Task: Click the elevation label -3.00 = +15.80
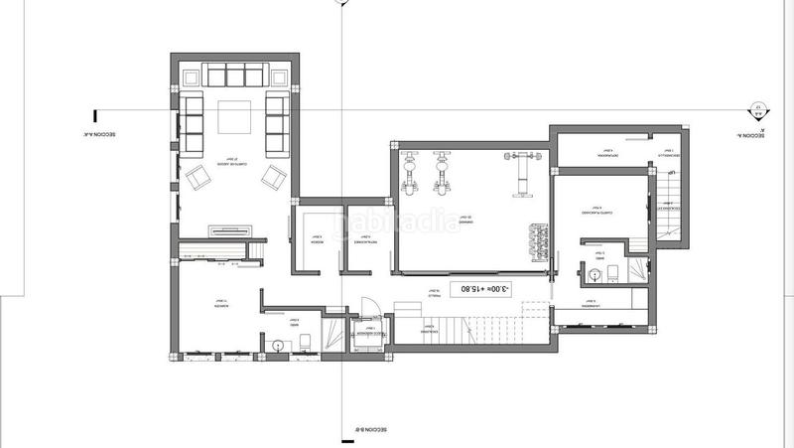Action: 479,290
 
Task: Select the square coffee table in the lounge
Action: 233,118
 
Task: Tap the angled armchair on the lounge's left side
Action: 197,179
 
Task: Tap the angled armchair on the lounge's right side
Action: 271,179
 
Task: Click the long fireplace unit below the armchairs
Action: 234,230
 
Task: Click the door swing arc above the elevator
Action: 366,308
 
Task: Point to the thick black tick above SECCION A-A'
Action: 94,115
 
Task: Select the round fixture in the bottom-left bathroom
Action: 278,345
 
